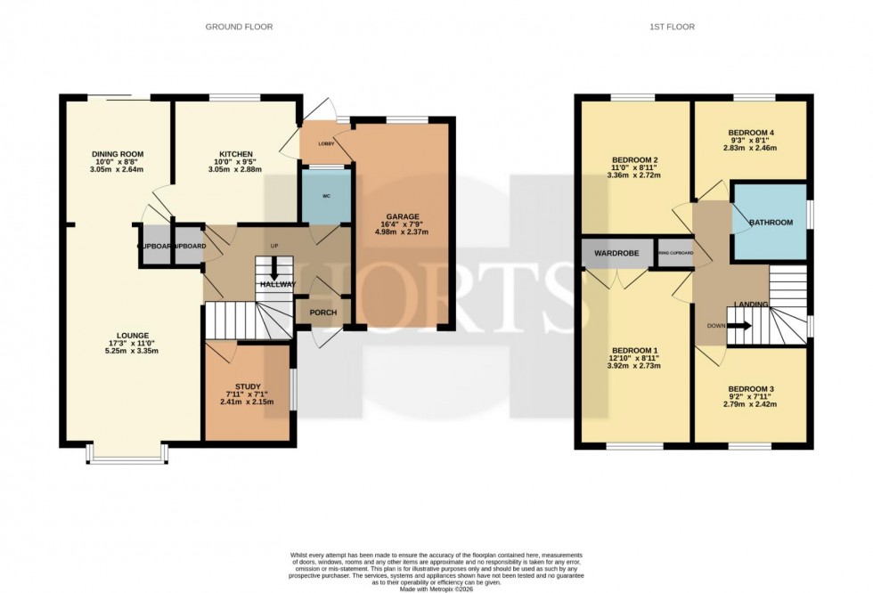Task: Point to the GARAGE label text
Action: tap(401, 215)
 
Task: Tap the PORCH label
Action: tap(322, 313)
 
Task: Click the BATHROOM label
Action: tap(770, 223)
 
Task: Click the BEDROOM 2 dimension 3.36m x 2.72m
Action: tap(634, 175)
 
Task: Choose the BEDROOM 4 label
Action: tap(753, 134)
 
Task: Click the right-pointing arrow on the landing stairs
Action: tap(740, 325)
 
